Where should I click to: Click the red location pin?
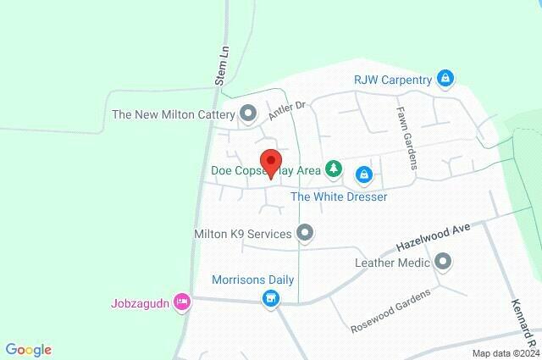tap(270, 163)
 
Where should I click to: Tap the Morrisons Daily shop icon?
tap(270, 298)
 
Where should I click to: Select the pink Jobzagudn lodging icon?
tap(180, 302)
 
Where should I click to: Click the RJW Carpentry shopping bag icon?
tap(445, 80)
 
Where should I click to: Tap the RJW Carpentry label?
tap(393, 80)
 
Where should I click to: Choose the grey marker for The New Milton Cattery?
tap(248, 113)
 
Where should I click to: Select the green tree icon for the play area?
tap(335, 170)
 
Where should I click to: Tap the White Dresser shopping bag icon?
tap(363, 174)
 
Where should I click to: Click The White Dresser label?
tap(339, 197)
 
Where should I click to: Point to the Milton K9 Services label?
tap(242, 233)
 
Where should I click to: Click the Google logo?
tap(29, 350)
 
